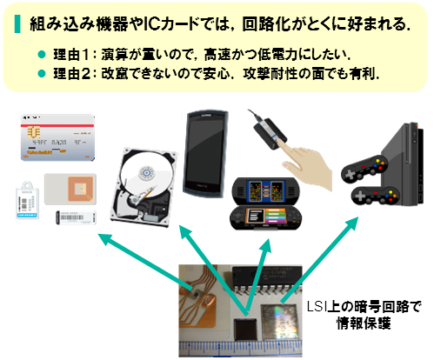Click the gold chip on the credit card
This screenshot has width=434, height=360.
point(34,133)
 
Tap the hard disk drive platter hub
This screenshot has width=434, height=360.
point(148,173)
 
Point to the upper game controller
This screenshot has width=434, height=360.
point(364,168)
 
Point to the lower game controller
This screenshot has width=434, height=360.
point(375,196)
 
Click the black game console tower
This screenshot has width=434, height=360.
point(403,163)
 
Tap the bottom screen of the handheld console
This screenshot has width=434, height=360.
point(264,217)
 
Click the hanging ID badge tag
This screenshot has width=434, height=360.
point(27,200)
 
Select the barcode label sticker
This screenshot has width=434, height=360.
point(76,218)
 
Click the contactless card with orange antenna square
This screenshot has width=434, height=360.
point(70,189)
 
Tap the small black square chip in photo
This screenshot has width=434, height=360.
point(245,330)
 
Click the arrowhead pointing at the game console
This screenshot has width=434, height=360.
point(352,223)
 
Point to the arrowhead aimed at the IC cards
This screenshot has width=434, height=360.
point(105,239)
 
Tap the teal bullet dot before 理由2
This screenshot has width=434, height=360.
point(42,74)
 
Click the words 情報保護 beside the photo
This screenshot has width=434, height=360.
point(364,323)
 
